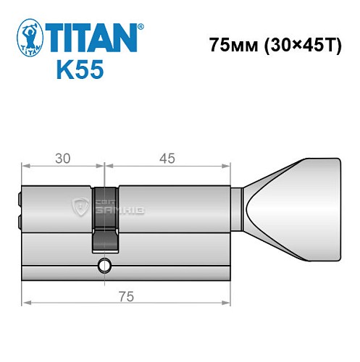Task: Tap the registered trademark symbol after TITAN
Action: click(141, 26)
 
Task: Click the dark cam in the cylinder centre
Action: click(105, 217)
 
